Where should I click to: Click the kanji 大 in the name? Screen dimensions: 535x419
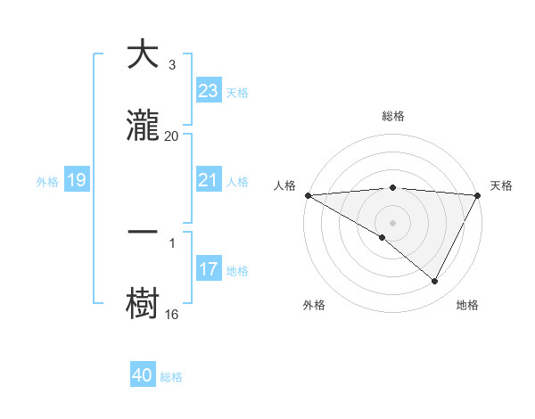pos(143,54)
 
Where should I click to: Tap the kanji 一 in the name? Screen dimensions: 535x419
pos(143,231)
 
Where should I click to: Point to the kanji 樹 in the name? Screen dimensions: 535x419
pos(143,302)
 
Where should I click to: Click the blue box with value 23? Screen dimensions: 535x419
pos(209,91)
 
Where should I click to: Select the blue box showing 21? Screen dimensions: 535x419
pos(209,180)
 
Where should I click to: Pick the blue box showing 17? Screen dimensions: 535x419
pos(209,269)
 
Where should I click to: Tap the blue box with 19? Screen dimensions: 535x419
pos(77,180)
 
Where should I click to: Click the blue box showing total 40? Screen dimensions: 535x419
pos(143,375)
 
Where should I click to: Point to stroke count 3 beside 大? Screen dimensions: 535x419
pos(171,64)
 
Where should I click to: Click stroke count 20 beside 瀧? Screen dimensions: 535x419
pos(171,136)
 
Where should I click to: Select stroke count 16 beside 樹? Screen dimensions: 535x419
pos(171,314)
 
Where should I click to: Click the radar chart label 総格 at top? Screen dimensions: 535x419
pos(393,116)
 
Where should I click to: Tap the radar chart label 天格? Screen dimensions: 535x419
pos(502,185)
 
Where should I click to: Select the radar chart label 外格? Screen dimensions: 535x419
pos(314,305)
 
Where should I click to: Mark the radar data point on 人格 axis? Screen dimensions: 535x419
pos(308,194)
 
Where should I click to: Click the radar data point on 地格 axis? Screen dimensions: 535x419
pos(435,282)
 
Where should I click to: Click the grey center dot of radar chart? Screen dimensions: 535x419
pos(393,222)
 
